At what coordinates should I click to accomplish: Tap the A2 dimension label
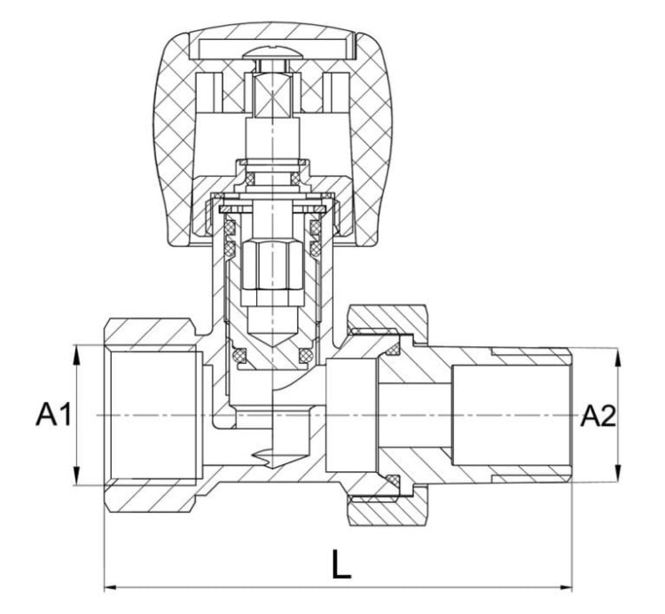(x=598, y=415)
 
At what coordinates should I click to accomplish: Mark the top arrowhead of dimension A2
(x=618, y=355)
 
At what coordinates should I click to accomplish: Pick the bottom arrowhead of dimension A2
(x=618, y=475)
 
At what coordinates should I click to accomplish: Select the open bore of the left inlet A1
(x=151, y=415)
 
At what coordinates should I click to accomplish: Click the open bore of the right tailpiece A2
(x=510, y=415)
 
